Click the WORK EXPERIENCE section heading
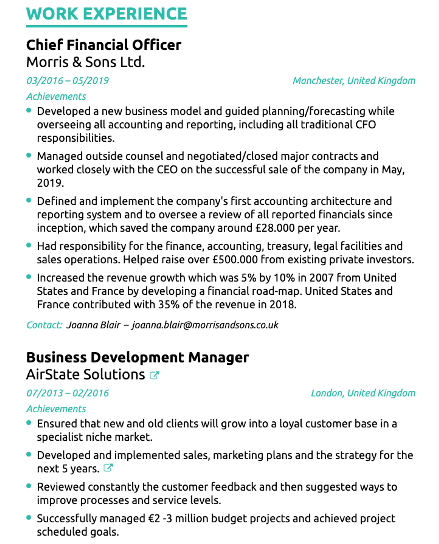pos(107,14)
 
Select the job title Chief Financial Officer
pos(104,45)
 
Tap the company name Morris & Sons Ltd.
pos(86,62)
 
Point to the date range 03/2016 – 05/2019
pos(67,81)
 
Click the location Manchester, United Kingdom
pos(354,81)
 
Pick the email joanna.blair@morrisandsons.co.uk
pos(205,325)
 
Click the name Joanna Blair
pos(93,325)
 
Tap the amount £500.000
pos(235,260)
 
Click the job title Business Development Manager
pos(138,357)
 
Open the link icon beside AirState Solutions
pos(154,375)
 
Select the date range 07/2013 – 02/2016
pos(67,393)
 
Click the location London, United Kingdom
pos(363,393)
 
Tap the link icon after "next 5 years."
pos(108,468)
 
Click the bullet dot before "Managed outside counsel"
pos(29,155)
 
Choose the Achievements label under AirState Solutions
pos(56,409)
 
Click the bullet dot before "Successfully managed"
pos(29,517)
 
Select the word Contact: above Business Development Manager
pos(45,325)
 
